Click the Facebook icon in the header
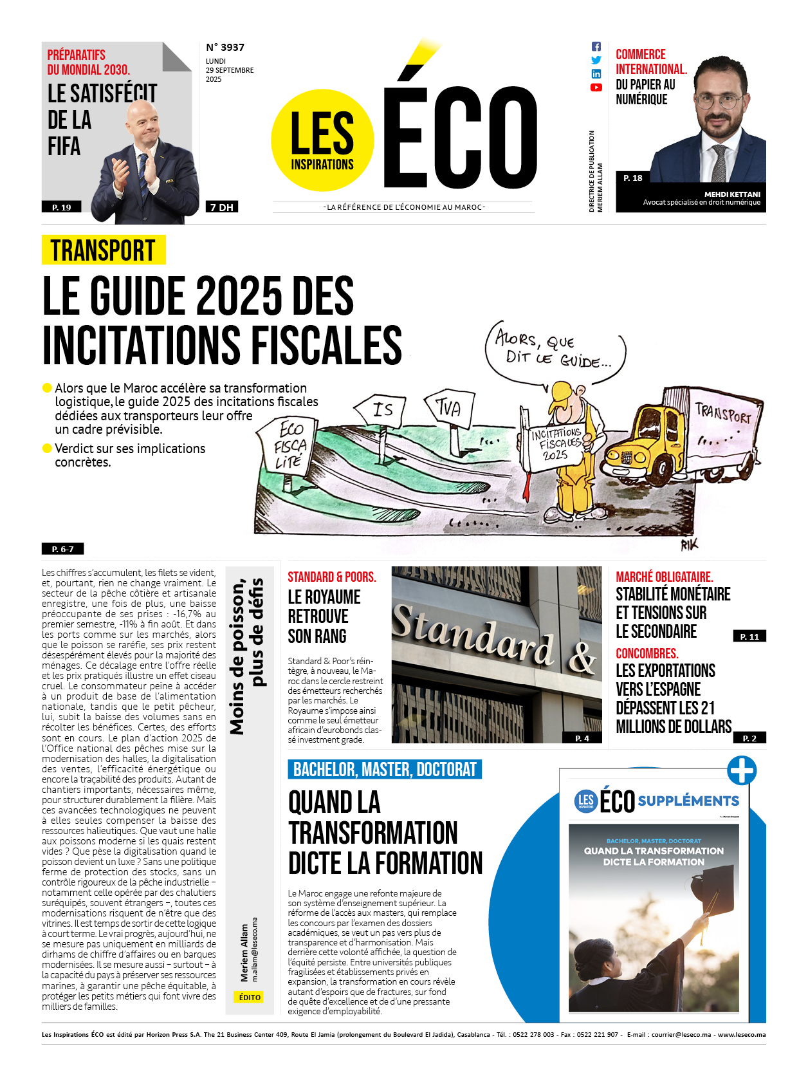pos(596,46)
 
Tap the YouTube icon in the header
pos(596,88)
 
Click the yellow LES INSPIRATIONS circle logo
pos(322,140)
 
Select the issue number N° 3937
pos(225,48)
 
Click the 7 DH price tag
pos(222,207)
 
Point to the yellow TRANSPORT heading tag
pos(104,250)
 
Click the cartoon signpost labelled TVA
pos(449,408)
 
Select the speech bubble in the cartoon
pos(555,351)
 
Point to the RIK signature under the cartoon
pos(689,545)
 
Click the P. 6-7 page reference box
pos(62,549)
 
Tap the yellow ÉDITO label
pos(250,998)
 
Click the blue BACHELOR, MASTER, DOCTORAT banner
pos(385,770)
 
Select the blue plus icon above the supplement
pos(742,770)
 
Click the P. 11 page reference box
pos(749,636)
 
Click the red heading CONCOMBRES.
pos(647,653)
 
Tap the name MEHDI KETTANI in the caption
pos(732,194)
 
